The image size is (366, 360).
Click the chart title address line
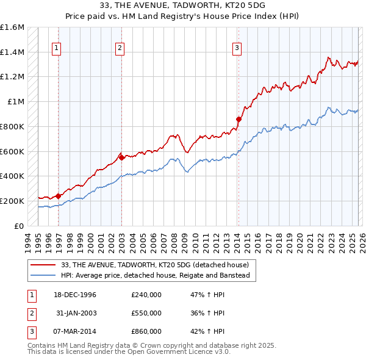coord(182,5)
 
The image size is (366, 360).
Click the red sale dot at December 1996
coord(58,196)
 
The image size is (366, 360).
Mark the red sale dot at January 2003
coord(121,157)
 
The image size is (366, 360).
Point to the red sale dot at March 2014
coord(238,119)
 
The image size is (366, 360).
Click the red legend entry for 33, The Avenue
coord(154,265)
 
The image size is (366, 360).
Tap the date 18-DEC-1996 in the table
coord(75,295)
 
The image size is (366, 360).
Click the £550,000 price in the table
coord(146,313)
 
